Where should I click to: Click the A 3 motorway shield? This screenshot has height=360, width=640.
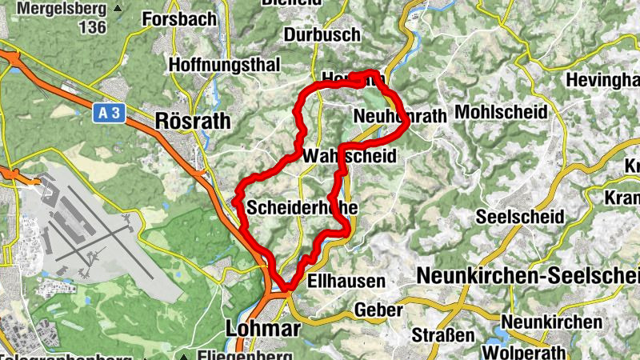(x=111, y=114)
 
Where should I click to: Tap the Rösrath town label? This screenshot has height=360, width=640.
(x=193, y=122)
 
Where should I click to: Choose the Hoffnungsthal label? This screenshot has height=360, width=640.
(x=213, y=64)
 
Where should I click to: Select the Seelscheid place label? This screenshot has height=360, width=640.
(x=520, y=217)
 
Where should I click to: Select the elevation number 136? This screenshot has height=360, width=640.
(x=93, y=27)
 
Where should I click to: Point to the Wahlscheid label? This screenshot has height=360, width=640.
(x=350, y=156)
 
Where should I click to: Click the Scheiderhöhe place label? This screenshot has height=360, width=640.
(x=302, y=207)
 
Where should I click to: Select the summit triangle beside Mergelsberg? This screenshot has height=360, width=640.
(x=118, y=9)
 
